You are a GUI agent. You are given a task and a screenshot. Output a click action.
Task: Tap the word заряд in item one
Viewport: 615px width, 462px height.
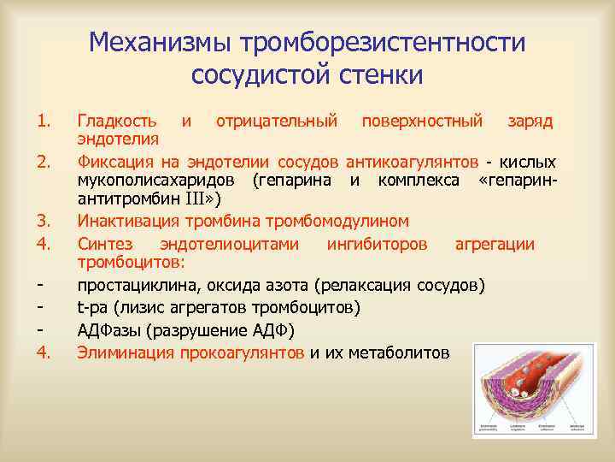530,120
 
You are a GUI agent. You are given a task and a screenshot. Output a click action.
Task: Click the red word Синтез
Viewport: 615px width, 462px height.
104,244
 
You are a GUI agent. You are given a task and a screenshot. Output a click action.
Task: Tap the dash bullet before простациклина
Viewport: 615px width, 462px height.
40,284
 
